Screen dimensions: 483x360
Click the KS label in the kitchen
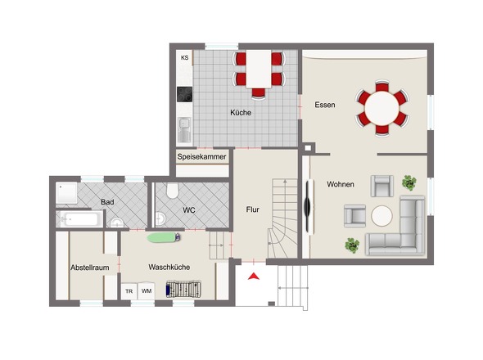click(184, 57)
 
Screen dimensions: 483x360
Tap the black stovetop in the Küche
click(184, 94)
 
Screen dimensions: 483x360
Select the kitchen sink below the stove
click(184, 129)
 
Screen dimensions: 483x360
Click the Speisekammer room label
click(201, 157)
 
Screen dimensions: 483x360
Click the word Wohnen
click(341, 184)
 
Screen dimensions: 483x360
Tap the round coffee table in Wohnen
click(382, 216)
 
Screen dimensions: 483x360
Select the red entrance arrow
click(254, 277)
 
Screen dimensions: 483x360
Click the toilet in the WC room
click(173, 191)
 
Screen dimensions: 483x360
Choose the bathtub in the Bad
click(81, 219)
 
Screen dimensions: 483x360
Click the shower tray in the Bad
click(66, 193)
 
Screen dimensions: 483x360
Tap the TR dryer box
click(129, 291)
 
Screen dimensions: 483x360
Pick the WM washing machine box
click(147, 290)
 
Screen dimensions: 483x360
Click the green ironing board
click(163, 237)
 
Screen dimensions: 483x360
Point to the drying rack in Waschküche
click(183, 289)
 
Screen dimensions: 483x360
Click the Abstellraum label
click(90, 268)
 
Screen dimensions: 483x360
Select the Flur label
click(253, 209)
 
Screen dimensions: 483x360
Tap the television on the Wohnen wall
click(308, 206)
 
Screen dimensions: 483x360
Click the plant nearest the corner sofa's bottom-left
click(352, 245)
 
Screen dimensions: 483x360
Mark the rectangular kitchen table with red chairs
click(259, 69)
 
